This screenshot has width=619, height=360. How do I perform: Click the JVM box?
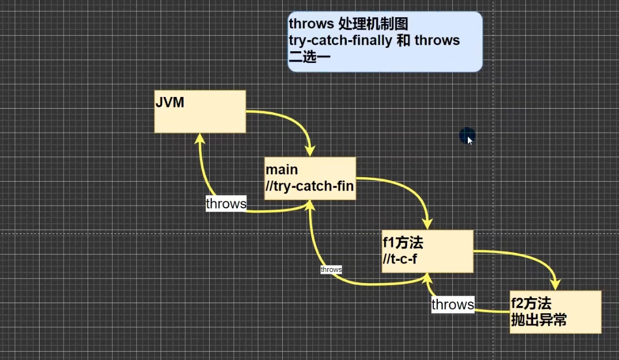[x=200, y=111]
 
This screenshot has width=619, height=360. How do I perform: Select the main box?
[x=310, y=178]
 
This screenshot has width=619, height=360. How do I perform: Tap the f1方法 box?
[x=428, y=251]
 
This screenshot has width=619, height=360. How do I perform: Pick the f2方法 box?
[x=555, y=312]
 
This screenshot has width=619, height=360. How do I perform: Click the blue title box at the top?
[x=385, y=41]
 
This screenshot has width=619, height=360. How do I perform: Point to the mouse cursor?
[x=470, y=141]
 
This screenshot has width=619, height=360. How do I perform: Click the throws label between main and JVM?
[x=226, y=203]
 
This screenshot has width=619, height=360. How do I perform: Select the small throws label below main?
[x=331, y=269]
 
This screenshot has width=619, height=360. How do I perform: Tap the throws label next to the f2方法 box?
[x=453, y=304]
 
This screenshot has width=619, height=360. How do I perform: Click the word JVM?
[x=170, y=103]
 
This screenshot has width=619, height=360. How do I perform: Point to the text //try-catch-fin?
[x=309, y=186]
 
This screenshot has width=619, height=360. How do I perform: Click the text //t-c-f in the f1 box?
[x=400, y=259]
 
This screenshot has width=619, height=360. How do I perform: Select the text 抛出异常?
[x=539, y=319]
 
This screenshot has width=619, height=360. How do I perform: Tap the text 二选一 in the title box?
[x=309, y=57]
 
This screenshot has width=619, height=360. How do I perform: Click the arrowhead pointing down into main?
[x=310, y=151]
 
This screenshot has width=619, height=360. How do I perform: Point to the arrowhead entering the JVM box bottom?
[x=200, y=138]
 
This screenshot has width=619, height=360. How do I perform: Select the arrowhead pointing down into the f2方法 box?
[x=555, y=284]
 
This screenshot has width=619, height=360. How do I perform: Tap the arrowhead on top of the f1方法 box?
[x=428, y=224]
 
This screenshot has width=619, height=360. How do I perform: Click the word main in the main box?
[x=282, y=169]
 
